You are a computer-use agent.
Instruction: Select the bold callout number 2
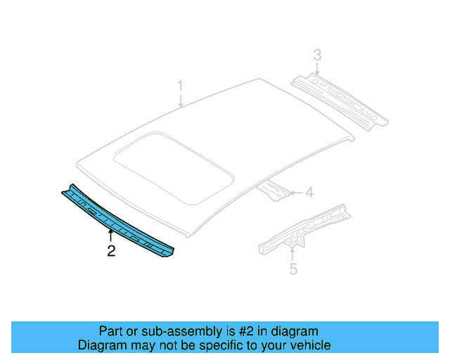pyautogui.click(x=111, y=250)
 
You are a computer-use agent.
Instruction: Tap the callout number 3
pyautogui.click(x=317, y=55)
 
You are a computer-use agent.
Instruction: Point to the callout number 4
pyautogui.click(x=309, y=192)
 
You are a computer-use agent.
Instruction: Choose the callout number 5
pyautogui.click(x=294, y=268)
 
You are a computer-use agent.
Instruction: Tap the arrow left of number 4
pyautogui.click(x=296, y=192)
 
